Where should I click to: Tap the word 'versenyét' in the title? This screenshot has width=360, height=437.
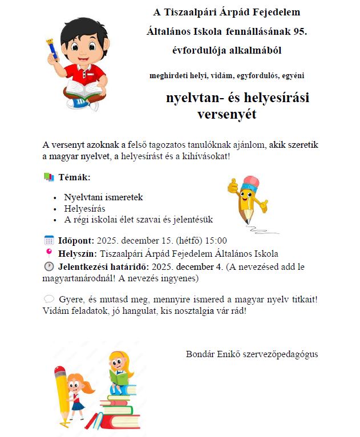(226, 114)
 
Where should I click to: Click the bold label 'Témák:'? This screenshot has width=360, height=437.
(75, 177)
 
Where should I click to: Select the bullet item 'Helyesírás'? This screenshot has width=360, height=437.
(85, 208)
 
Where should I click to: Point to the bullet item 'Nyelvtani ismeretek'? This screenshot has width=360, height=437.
(103, 197)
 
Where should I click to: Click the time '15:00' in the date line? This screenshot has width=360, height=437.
(216, 241)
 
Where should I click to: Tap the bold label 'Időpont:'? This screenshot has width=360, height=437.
(76, 241)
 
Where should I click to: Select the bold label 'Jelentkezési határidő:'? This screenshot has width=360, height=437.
(103, 266)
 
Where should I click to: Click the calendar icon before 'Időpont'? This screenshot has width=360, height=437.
(49, 240)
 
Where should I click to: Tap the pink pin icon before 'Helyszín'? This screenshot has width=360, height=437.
(49, 253)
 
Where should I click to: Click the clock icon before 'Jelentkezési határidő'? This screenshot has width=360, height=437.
(49, 266)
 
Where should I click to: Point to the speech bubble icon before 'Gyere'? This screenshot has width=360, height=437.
(49, 299)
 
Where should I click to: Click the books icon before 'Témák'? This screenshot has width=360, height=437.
(49, 177)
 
